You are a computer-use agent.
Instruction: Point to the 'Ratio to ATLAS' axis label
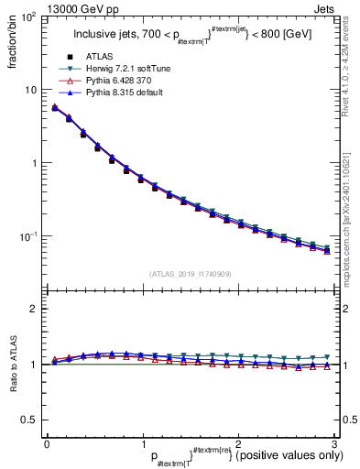(x=12, y=366)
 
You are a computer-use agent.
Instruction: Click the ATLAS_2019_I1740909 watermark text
(x=190, y=274)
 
